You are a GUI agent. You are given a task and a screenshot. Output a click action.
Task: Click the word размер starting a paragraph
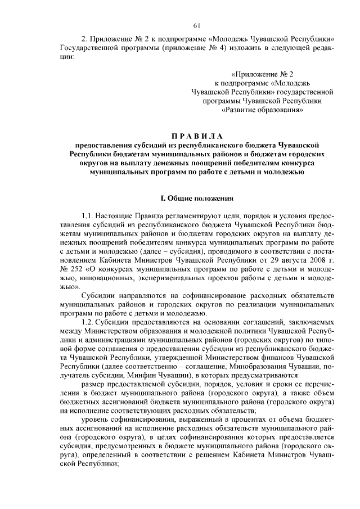[x=93, y=383]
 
